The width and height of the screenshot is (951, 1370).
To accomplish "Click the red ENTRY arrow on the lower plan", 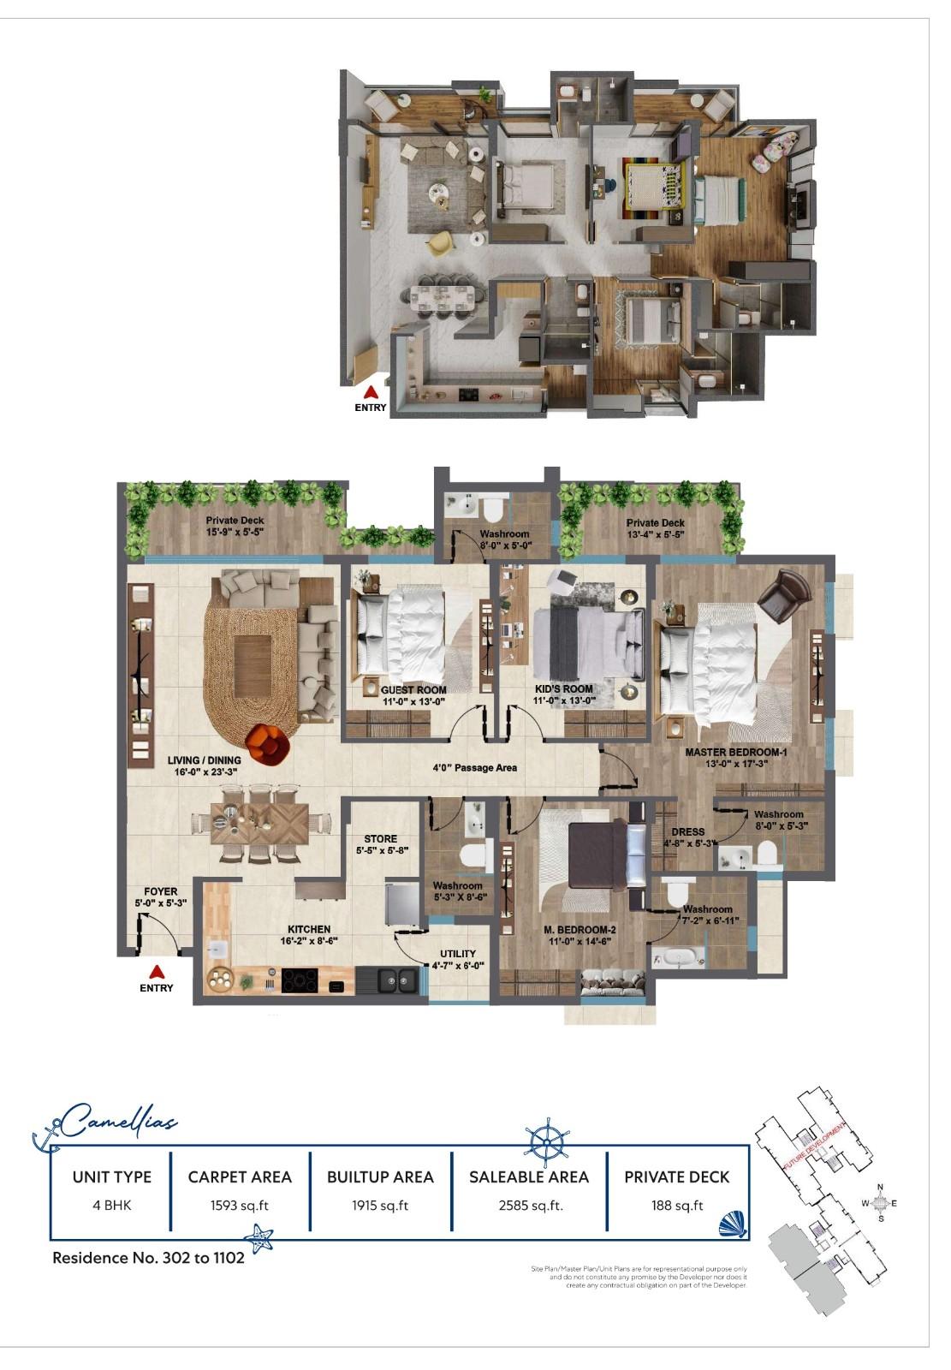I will (156, 971).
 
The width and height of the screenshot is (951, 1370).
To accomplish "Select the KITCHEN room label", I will (309, 929).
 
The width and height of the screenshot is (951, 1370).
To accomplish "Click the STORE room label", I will (380, 839).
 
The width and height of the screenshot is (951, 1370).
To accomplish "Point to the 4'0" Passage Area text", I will (474, 768).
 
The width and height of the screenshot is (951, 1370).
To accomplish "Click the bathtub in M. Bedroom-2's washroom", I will (679, 956).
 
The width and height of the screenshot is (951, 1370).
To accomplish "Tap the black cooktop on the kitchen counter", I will (301, 980).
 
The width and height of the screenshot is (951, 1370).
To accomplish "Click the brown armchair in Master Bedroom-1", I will (782, 598).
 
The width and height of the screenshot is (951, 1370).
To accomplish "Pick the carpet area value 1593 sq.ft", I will (240, 1206).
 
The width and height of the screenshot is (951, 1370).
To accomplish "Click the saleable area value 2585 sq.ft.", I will (530, 1206).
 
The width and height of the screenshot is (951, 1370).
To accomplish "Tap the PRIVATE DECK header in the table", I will (676, 1177).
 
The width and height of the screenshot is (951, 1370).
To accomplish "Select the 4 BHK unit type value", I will (112, 1206).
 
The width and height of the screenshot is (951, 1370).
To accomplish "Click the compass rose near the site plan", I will (881, 1203).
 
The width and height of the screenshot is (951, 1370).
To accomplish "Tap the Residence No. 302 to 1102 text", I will (148, 1258).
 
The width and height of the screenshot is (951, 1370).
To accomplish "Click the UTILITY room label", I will (458, 954).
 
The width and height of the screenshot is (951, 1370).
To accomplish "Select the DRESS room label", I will (688, 831).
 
